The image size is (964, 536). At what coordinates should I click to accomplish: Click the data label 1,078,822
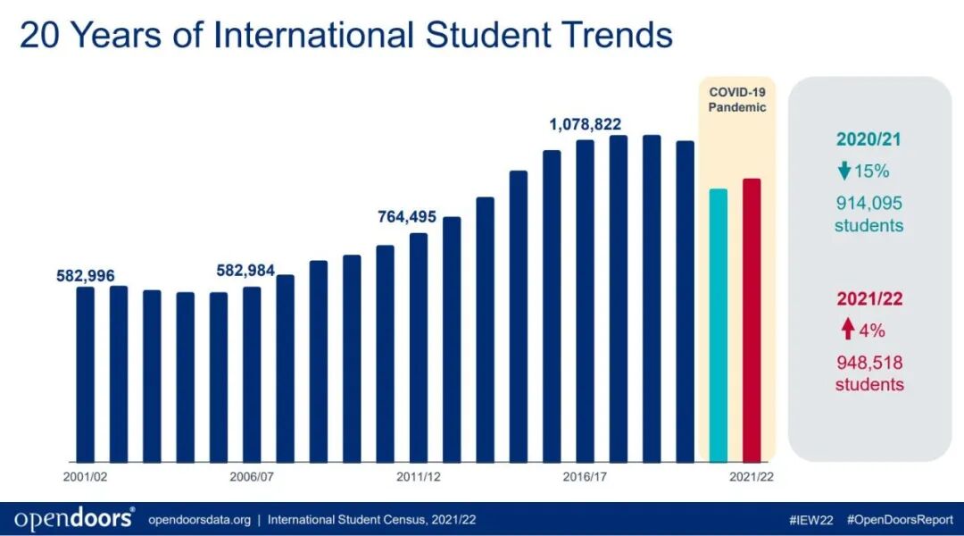pos(585,124)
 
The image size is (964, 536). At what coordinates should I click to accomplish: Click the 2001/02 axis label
pos(85,477)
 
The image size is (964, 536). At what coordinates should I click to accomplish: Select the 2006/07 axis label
pos(252,477)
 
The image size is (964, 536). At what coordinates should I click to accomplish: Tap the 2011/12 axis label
pos(419,477)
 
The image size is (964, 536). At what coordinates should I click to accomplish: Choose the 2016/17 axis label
pos(585,477)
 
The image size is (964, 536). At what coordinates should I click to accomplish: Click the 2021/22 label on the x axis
pos(752,477)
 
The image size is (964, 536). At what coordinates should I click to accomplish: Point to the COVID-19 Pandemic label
pos(736,99)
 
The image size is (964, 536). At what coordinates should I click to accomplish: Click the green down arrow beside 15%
pos(843,172)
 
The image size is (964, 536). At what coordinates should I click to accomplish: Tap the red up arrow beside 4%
pos(847,331)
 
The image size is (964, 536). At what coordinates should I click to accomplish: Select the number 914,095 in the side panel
pos(868,204)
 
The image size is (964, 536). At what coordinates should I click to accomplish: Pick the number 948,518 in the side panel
pos(868,364)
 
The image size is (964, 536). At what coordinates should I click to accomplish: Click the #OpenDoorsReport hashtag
pos(899,519)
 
